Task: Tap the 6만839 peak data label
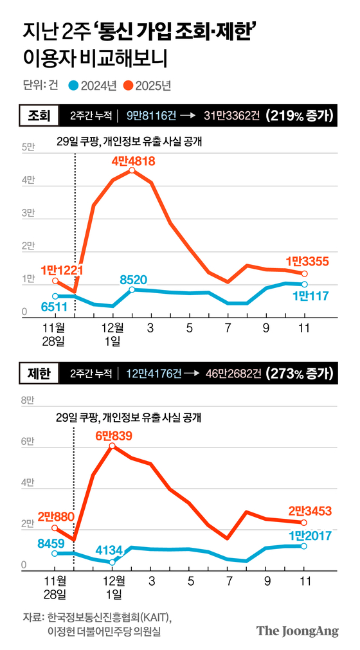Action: [113, 436]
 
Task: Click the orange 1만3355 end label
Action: [308, 261]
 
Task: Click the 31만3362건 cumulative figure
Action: [232, 116]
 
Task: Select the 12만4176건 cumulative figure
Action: [154, 372]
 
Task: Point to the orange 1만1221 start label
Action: [62, 270]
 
